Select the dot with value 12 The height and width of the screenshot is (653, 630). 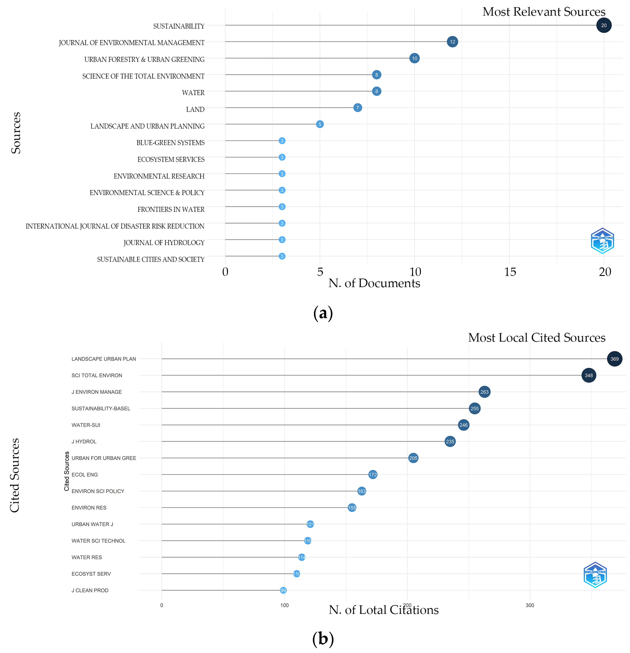[452, 42]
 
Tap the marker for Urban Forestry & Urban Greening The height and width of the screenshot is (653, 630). [414, 58]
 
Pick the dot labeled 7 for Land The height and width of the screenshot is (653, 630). [357, 108]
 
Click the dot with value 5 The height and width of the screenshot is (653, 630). [319, 124]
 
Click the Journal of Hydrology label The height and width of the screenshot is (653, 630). [164, 242]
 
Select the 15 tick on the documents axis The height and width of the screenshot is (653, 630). [510, 272]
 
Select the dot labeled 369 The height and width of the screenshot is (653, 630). [614, 359]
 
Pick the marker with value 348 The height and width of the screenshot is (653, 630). [588, 376]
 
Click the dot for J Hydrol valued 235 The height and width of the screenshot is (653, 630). [450, 441]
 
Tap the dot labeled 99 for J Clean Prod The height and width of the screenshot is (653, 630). [283, 590]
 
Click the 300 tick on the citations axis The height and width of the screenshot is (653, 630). [530, 605]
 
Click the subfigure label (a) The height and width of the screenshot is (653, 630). [323, 313]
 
